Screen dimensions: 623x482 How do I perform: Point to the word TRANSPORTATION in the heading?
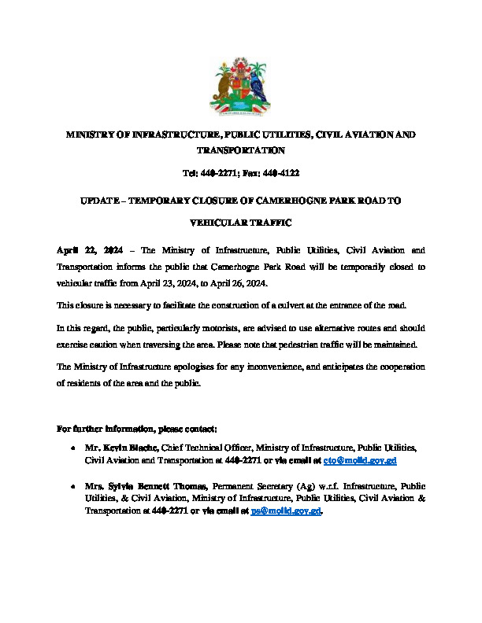pos(241,149)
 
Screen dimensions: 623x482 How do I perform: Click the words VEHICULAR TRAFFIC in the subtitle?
pos(241,223)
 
